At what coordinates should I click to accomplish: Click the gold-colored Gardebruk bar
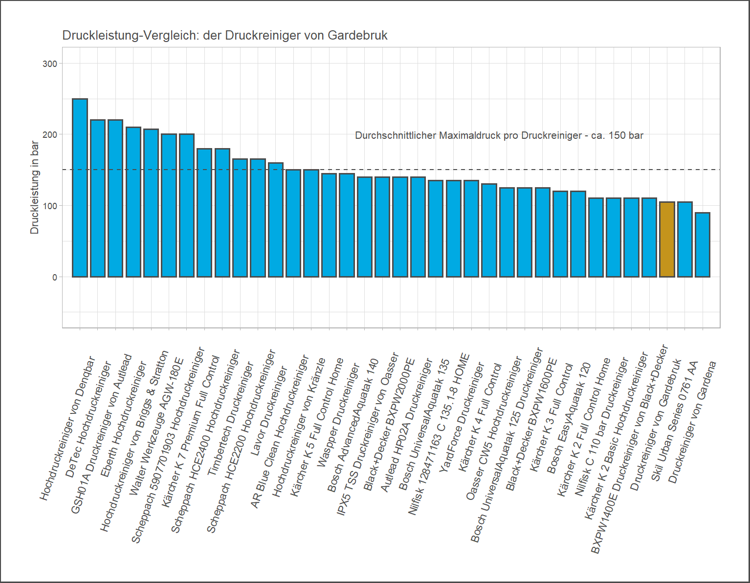[x=667, y=239]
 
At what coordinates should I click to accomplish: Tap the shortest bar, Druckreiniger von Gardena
[x=703, y=245]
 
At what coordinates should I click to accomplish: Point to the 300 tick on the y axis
[x=50, y=64]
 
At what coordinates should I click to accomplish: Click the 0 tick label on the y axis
[x=54, y=277]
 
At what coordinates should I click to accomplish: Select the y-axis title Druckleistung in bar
[x=34, y=187]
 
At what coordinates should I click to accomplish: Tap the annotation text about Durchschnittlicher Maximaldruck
[x=499, y=135]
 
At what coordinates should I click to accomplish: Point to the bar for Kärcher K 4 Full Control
[x=489, y=230]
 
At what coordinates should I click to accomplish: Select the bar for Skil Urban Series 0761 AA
[x=685, y=239]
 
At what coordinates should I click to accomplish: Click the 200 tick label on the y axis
[x=50, y=134]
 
